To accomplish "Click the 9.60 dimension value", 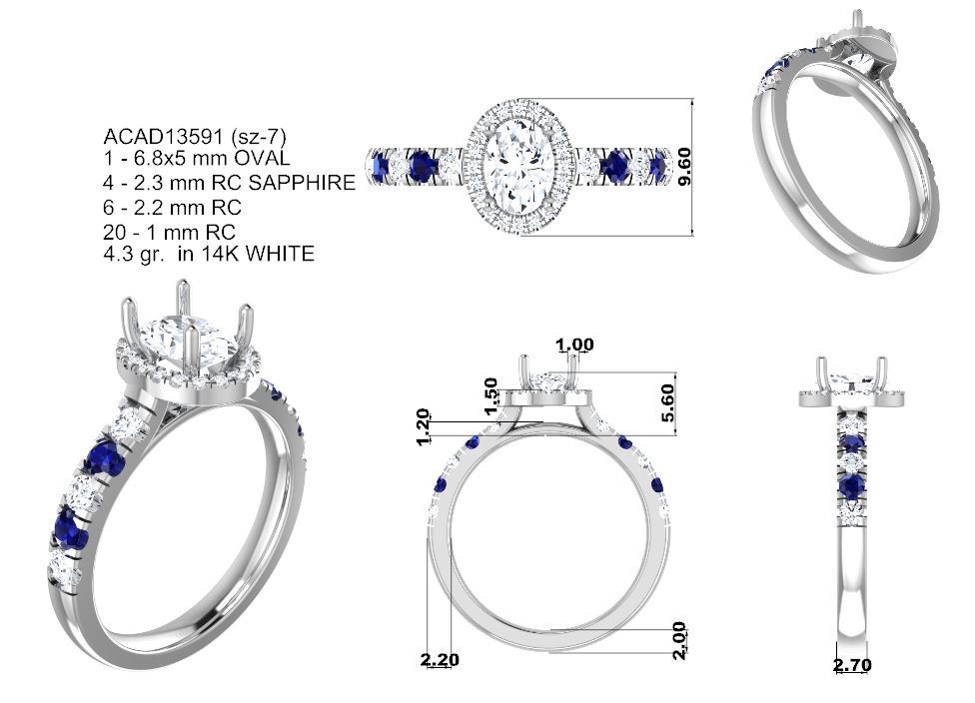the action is click(x=684, y=167).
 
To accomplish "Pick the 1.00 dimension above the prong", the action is click(x=574, y=344).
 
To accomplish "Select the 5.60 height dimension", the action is click(x=667, y=402).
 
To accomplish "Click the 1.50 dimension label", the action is click(x=490, y=396).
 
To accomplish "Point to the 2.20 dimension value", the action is click(x=440, y=659).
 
